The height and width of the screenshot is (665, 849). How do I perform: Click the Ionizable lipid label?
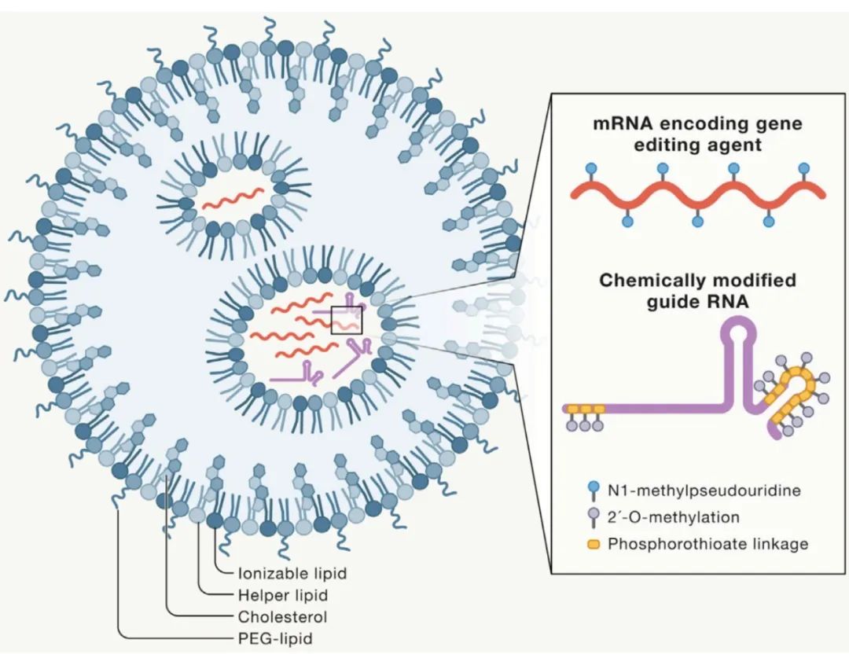point(292,573)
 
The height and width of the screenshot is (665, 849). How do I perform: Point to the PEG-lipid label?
point(274,638)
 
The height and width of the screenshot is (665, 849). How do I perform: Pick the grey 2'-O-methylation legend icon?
point(593,517)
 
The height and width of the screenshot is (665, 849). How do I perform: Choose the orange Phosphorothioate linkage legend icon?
point(594,543)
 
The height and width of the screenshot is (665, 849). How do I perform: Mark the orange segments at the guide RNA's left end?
point(583,409)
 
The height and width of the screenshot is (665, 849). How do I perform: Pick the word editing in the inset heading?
point(634,145)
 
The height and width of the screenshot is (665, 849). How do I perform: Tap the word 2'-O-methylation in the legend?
point(673,517)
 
